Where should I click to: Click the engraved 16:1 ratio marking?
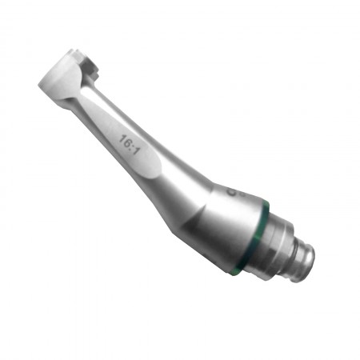tap(130, 145)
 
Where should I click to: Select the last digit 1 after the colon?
tap(137, 151)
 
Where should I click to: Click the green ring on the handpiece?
tap(254, 235)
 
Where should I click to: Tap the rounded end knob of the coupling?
tap(305, 262)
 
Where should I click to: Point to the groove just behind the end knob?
tap(294, 257)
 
